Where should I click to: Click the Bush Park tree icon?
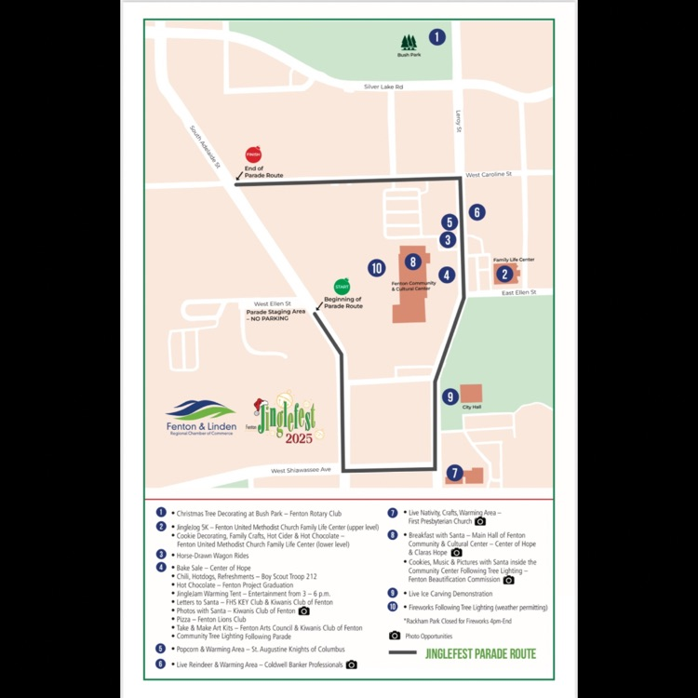coord(409,43)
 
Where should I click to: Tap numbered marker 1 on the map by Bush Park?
coord(436,37)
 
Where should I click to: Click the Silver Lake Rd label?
coord(383,87)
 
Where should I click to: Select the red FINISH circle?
coord(253,154)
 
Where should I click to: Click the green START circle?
coord(342,287)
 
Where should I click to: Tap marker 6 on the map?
coord(477,212)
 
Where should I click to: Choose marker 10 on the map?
coord(376,268)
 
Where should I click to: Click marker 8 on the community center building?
coord(412,262)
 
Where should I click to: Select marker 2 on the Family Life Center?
coord(503,274)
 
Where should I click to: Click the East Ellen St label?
coord(520,293)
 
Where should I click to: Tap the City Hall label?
coord(470,407)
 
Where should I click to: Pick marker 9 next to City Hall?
coord(450,396)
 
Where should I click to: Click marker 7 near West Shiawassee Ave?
coord(454,473)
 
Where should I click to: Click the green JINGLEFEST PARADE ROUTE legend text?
coord(480,653)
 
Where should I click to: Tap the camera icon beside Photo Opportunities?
coord(395,635)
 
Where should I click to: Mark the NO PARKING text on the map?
coord(269,318)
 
